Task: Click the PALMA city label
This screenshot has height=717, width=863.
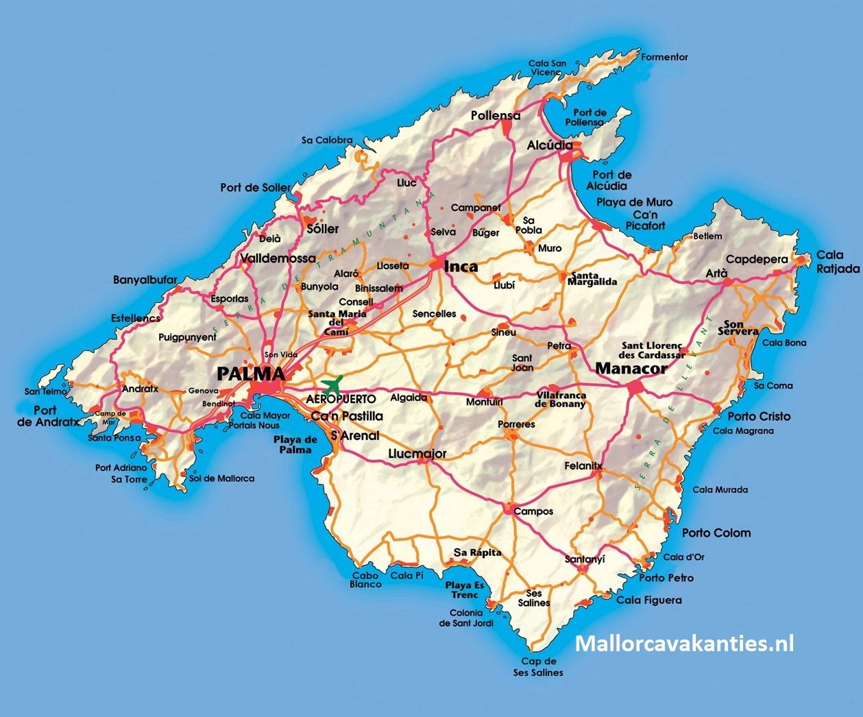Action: click(x=250, y=374)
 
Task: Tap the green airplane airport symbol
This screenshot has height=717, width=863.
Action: click(x=332, y=385)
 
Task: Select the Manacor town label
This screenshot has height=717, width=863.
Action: click(x=631, y=368)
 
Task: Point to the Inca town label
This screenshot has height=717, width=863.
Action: click(x=461, y=266)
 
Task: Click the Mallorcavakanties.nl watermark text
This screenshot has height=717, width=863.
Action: click(x=684, y=644)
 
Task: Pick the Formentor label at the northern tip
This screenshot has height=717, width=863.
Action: click(x=664, y=57)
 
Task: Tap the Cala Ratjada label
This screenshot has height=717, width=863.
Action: click(x=837, y=262)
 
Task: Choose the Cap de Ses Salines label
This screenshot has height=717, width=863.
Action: click(x=538, y=667)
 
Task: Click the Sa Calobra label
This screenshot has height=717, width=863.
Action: click(x=327, y=140)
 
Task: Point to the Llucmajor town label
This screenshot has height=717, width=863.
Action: click(x=417, y=454)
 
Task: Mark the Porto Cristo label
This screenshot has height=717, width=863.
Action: click(x=759, y=416)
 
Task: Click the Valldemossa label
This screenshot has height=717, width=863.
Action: click(x=278, y=258)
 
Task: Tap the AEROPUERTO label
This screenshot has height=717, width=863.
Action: click(x=341, y=399)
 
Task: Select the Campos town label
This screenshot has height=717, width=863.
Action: click(x=533, y=511)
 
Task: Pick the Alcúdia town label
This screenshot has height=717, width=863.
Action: click(x=550, y=145)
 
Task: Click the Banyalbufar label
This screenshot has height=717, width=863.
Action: click(x=145, y=280)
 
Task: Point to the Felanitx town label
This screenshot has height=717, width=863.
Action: click(x=583, y=466)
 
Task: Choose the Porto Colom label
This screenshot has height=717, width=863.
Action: click(x=716, y=533)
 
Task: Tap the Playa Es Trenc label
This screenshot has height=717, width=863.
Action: click(x=465, y=590)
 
